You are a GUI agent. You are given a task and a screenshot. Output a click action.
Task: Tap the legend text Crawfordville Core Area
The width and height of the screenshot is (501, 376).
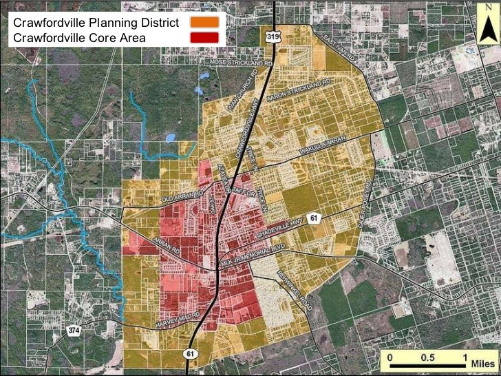79,38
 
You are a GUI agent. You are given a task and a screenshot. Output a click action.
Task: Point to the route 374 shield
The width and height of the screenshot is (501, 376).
74,331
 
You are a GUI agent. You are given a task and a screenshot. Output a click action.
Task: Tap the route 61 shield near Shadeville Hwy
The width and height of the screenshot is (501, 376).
315,218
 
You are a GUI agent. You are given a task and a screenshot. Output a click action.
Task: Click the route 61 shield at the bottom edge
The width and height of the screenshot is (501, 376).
190,352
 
